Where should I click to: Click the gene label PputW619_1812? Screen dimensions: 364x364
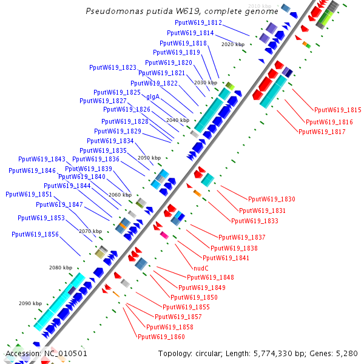pos(198,22)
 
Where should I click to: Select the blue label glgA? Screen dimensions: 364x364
pos(153,96)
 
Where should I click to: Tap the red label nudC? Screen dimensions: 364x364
pos(201,268)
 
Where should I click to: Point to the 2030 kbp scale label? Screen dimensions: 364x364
pos(205,82)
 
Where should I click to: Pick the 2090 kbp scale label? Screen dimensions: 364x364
pos(30,303)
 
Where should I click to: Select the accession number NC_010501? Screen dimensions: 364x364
pos(66,353)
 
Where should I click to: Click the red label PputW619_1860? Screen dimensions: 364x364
pos(161,337)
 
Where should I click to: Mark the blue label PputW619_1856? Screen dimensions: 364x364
pos(35,234)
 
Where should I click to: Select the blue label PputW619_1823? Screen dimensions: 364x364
pos(113,67)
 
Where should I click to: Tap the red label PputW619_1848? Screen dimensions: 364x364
pos(211,277)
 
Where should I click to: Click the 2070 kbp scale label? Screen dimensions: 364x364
pos(90,231)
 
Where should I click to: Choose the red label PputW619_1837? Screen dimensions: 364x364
pos(242,237)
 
